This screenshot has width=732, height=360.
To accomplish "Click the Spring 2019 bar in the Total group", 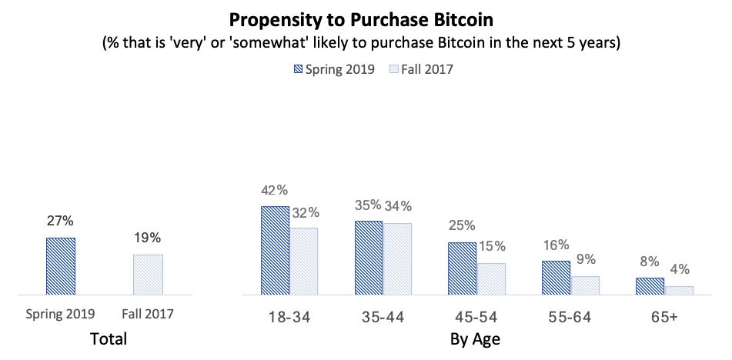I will click(x=60, y=266).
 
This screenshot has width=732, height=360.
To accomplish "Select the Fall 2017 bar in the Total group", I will click(x=148, y=275).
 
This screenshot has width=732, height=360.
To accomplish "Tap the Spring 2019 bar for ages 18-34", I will click(x=275, y=251).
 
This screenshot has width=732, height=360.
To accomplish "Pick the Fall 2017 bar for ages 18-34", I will click(x=304, y=262).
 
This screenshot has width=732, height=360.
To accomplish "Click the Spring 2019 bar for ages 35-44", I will click(x=369, y=258).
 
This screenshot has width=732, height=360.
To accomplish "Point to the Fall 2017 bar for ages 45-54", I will click(x=491, y=279).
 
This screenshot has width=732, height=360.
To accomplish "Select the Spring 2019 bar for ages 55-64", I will click(x=556, y=278).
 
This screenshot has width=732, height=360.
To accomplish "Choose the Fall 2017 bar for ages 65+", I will click(x=679, y=291).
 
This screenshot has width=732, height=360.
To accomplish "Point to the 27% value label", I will click(x=60, y=221).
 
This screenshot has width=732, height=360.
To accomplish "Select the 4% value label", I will click(x=680, y=270).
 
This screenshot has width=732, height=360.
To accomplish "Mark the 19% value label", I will click(x=148, y=238).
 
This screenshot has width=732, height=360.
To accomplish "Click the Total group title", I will click(x=109, y=338).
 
